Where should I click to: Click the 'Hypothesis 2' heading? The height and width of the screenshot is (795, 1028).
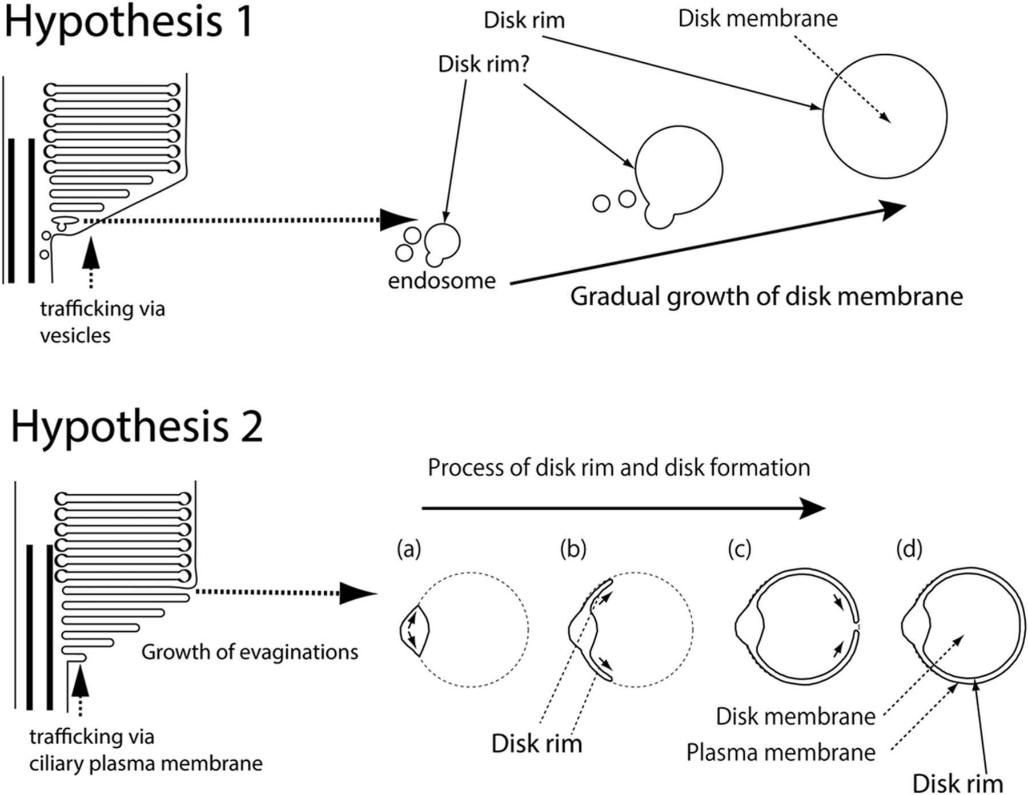137,427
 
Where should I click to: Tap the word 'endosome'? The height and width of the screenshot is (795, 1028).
441,281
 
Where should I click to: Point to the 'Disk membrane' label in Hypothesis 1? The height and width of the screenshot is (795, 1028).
757,19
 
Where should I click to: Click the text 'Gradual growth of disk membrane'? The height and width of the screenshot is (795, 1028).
766,297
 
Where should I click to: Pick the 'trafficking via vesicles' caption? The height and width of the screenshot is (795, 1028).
102,322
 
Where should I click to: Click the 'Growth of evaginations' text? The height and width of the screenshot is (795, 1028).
250,652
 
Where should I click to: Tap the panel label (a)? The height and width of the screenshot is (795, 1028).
409,549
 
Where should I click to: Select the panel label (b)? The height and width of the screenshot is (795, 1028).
573,549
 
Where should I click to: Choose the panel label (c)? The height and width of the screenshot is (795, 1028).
740,549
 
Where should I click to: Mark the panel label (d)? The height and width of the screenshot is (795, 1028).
909,549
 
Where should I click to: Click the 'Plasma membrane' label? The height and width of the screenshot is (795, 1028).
781,753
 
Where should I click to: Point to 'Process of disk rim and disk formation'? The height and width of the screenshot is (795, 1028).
619,468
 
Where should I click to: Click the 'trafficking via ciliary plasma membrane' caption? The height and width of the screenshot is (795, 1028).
146,750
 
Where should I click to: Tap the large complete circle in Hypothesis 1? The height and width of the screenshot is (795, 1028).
885,116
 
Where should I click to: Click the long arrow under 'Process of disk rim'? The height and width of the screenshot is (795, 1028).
623,507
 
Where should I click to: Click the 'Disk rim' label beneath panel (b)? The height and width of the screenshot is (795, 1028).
536,744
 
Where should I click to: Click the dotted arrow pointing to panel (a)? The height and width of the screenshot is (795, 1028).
286,592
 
